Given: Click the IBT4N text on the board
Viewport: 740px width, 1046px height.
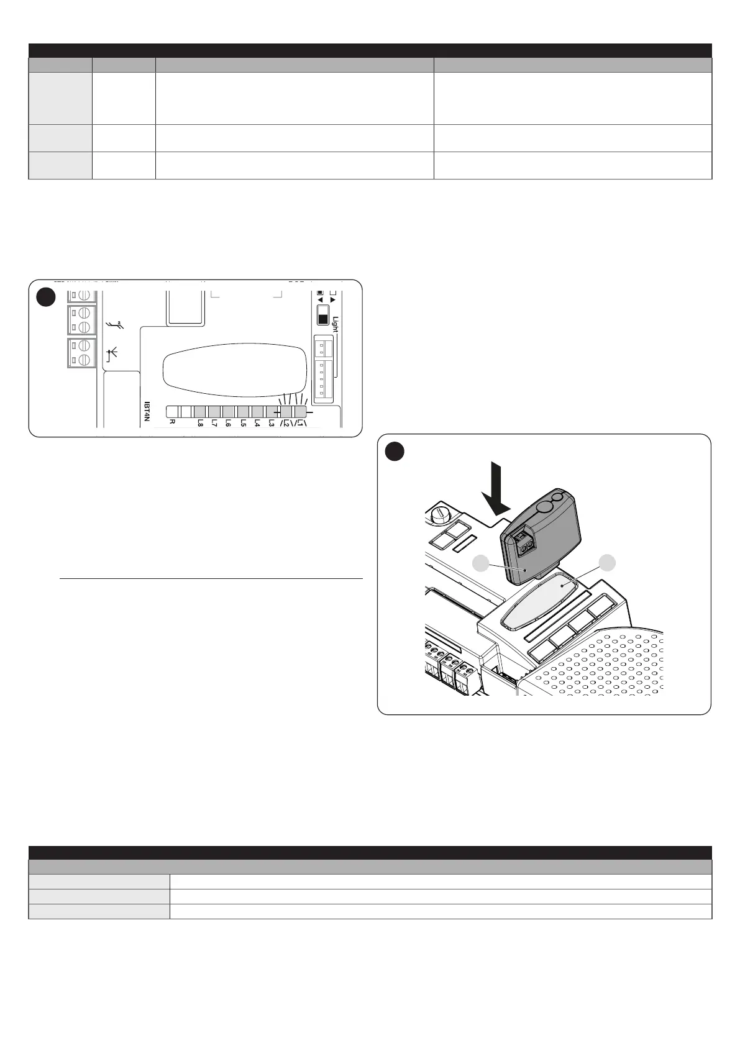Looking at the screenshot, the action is click(x=147, y=411).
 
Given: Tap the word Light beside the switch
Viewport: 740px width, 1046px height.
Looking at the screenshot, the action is click(x=336, y=324).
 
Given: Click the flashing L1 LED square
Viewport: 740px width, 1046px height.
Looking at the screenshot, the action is click(x=300, y=412).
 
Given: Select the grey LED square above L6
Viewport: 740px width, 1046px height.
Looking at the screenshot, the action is click(x=229, y=412).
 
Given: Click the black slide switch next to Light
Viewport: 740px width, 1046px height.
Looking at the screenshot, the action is click(x=323, y=315).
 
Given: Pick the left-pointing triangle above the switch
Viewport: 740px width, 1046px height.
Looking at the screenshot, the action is click(x=321, y=299).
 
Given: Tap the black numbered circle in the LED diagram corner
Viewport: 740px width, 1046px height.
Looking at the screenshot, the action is click(x=45, y=298).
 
